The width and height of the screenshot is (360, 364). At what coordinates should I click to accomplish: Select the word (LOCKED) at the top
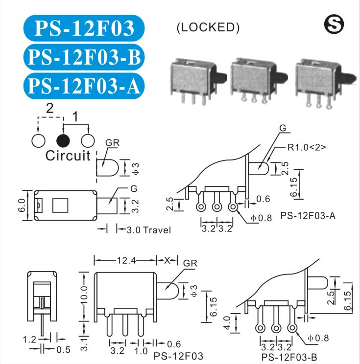[208, 28]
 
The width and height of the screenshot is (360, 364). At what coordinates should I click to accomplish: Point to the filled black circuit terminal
[63, 141]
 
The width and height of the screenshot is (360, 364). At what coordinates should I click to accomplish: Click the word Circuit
[68, 156]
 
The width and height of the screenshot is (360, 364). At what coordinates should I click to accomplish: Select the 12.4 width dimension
[126, 260]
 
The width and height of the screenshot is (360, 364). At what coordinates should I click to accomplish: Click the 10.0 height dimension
[84, 297]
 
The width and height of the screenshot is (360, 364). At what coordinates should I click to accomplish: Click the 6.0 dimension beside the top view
[21, 207]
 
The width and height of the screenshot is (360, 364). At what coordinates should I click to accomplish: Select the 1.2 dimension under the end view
[30, 339]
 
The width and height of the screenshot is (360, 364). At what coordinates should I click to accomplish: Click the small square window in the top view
[60, 205]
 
